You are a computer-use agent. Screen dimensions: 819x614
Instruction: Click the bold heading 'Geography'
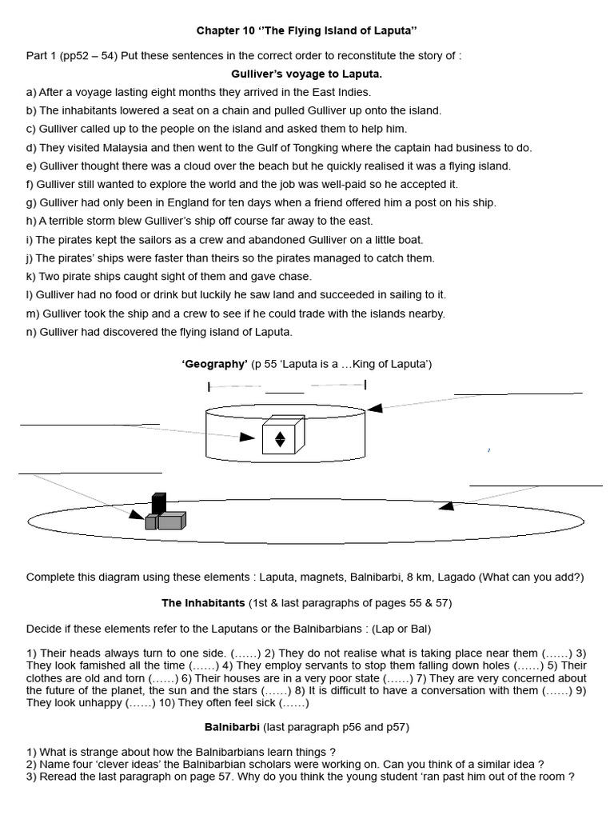point(214,364)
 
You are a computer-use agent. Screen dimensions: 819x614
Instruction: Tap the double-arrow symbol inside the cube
point(280,438)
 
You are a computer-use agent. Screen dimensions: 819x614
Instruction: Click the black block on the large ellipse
point(158,504)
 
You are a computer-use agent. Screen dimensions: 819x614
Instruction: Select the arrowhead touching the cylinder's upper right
point(374,407)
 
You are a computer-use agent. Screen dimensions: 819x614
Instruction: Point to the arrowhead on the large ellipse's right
point(447,505)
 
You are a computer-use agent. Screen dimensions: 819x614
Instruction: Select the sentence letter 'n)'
point(32,332)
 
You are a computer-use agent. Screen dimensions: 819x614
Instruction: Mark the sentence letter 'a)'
point(31,92)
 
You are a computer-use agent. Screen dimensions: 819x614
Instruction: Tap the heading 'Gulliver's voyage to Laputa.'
point(307,74)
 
